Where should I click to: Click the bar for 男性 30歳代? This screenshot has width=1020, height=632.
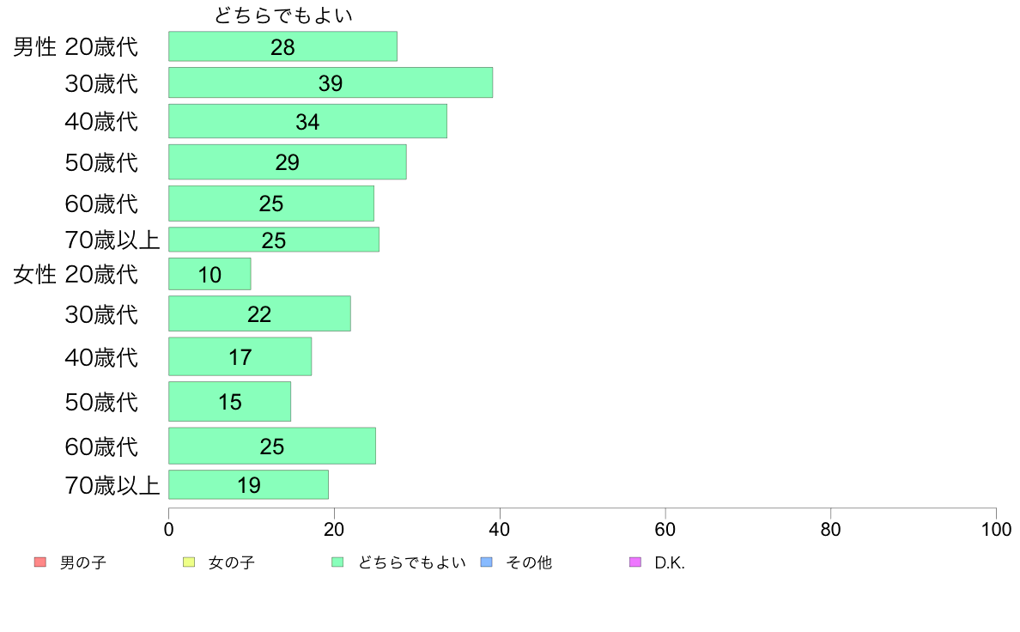pos(330,82)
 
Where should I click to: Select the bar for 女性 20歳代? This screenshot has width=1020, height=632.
pos(209,274)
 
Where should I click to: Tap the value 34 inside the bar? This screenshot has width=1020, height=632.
pos(307,122)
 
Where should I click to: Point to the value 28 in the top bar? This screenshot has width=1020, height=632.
pos(282,47)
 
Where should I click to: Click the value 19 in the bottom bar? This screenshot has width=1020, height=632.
pos(249,485)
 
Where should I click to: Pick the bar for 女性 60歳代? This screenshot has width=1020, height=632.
pos(271,446)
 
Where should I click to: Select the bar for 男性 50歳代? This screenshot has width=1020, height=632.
pos(287,161)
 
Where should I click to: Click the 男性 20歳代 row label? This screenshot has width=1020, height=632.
pos(76,47)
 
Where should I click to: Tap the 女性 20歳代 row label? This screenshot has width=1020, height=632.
pos(76,275)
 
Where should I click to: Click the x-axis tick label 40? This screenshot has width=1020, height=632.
pos(500,529)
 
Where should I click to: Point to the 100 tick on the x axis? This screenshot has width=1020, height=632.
pos(996,529)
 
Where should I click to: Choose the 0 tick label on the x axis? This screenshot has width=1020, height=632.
pos(168,529)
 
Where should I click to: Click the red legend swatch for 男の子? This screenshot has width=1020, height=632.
pos(39,562)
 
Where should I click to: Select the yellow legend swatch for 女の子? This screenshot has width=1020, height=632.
pos(189,562)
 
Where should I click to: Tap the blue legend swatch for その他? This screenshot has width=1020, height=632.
pos(486,562)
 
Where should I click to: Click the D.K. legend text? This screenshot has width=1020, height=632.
pos(670,563)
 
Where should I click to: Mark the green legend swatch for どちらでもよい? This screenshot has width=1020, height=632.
pos(337,562)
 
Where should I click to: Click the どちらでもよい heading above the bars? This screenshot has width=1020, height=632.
pos(283,15)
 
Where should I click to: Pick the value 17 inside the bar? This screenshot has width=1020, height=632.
pos(240,356)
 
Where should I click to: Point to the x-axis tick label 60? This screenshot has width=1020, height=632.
pos(665,529)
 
